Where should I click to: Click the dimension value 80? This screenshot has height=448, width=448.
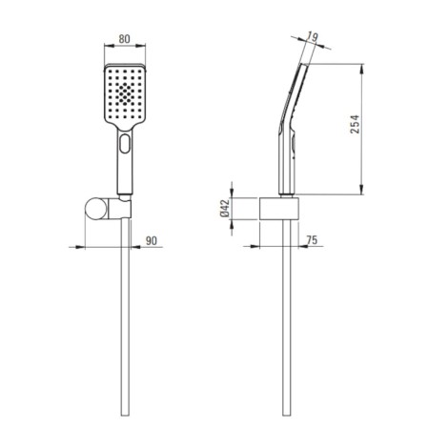click(124, 39)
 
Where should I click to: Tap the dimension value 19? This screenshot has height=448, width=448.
click(313, 37)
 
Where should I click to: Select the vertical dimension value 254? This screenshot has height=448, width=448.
click(355, 124)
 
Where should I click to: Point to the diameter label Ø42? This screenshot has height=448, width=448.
click(224, 208)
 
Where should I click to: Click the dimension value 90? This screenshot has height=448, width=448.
click(152, 240)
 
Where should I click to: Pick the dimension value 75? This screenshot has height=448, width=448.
click(312, 240)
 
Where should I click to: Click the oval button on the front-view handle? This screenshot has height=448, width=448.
click(125, 144)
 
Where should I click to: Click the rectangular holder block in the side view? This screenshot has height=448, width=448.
click(279, 209)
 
